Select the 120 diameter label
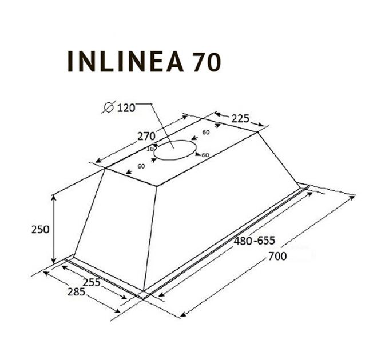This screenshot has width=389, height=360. (x=125, y=107)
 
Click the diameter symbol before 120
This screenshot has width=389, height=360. (x=108, y=107)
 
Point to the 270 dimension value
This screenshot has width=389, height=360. (x=147, y=137)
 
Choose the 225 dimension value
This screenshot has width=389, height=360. (x=240, y=119)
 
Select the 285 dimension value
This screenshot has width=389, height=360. (x=76, y=292)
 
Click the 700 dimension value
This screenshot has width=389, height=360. (x=277, y=257)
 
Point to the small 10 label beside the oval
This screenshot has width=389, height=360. (x=151, y=149)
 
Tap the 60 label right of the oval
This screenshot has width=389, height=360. (x=205, y=155)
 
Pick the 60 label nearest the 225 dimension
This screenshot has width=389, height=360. (x=206, y=133)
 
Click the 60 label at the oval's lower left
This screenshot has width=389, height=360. (x=141, y=166)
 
